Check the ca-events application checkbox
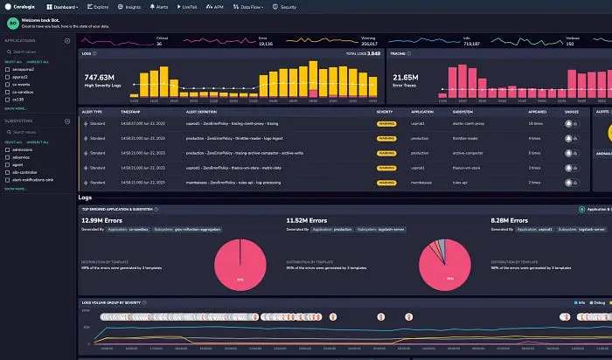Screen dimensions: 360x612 7,84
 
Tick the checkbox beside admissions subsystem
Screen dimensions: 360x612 7,149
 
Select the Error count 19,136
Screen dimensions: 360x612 264,43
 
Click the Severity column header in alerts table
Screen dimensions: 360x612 385,112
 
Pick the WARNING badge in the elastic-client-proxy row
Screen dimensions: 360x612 385,123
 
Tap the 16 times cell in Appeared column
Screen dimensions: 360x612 535,123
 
